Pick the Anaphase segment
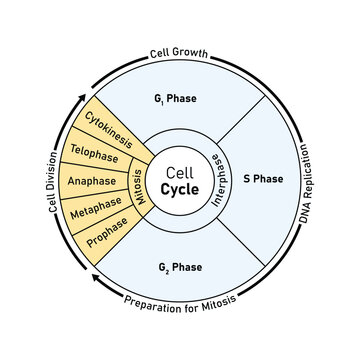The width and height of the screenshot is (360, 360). coord(91,182)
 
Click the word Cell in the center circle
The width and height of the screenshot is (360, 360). coord(180,171)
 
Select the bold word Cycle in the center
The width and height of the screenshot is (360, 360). coord(180,191)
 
